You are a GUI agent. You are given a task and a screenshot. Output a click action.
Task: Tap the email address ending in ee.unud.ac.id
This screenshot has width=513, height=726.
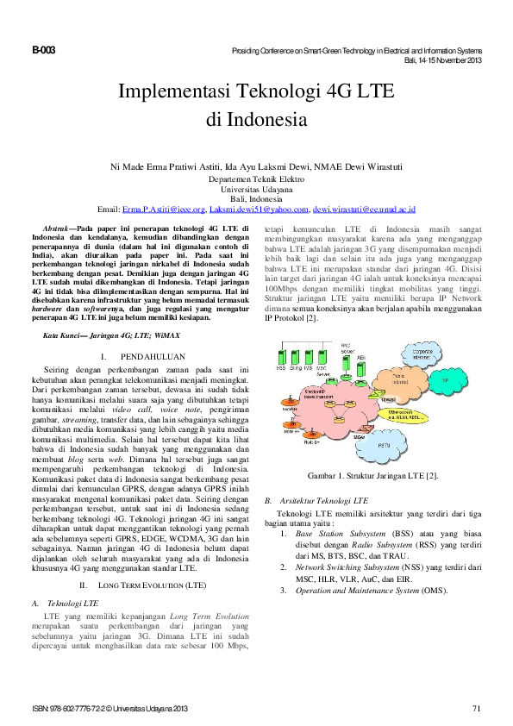[365, 210]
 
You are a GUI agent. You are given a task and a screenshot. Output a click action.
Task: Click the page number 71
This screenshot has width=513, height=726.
[476, 709]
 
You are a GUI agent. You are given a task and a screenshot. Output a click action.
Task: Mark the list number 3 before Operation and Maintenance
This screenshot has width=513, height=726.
[285, 591]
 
